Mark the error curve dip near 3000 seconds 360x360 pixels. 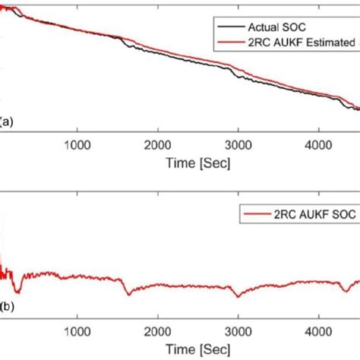(x=238, y=295)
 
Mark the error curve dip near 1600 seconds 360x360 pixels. (x=129, y=292)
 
